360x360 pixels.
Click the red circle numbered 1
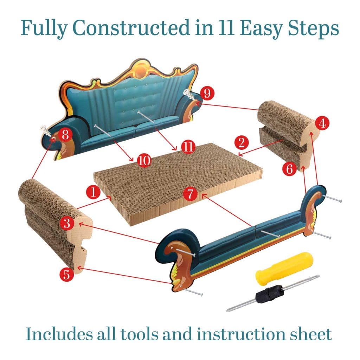tap(93, 192)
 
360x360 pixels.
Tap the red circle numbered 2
tap(242, 142)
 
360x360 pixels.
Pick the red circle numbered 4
tap(322, 123)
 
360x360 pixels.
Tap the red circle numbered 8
tap(66, 135)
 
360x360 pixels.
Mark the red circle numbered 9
tap(207, 94)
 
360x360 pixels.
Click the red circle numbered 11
tap(188, 147)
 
